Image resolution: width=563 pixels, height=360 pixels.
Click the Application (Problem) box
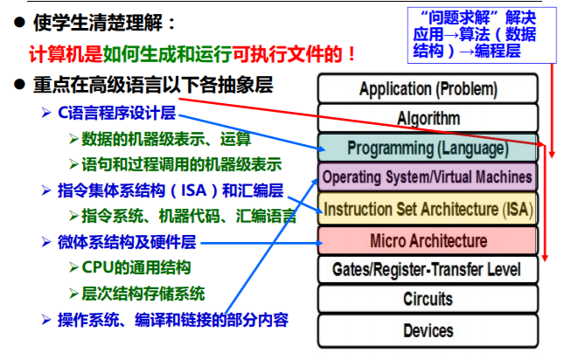(427, 89)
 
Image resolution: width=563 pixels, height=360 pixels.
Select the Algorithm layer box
(427, 118)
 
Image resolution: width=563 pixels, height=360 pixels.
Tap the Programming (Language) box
(427, 148)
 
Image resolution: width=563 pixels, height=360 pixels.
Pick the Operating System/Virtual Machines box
(427, 177)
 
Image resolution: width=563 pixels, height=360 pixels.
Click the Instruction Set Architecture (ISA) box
(427, 209)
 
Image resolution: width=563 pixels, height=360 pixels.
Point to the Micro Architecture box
(427, 239)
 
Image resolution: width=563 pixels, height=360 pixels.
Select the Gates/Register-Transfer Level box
(427, 269)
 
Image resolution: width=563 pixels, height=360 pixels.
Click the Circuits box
(427, 299)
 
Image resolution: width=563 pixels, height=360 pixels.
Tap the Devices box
(427, 329)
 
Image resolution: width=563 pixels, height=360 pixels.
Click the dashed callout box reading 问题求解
(480, 35)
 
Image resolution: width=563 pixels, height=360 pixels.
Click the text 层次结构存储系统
(144, 293)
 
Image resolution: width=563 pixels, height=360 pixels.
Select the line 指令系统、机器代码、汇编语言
(188, 215)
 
